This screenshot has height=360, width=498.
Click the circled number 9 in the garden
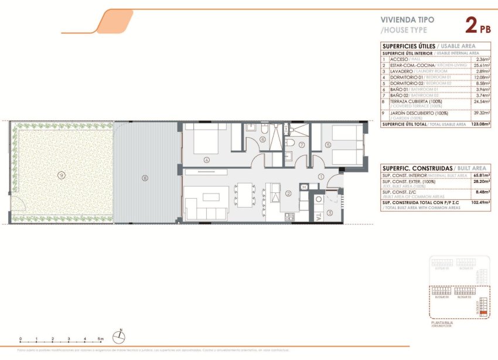coord(61,174)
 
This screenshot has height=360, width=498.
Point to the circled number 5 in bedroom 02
coord(328,144)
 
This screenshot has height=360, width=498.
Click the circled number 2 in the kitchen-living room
coord(288,193)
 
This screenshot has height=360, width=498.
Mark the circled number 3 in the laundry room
coord(329,213)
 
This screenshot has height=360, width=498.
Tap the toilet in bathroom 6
coord(265,128)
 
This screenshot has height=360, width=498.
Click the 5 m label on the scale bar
coord(101,339)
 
